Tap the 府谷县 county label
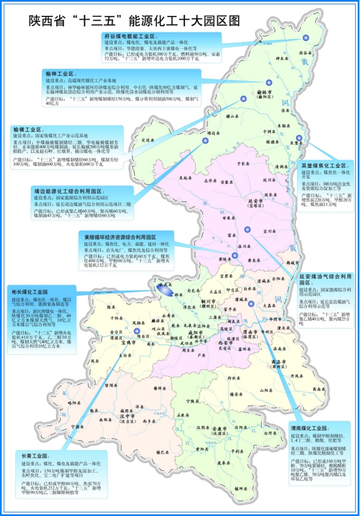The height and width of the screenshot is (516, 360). pos(304,53)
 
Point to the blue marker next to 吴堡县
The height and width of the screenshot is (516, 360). pos(299,138)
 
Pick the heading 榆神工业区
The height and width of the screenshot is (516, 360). pos(60,73)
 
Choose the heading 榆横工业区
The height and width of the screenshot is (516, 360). pos(28,129)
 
